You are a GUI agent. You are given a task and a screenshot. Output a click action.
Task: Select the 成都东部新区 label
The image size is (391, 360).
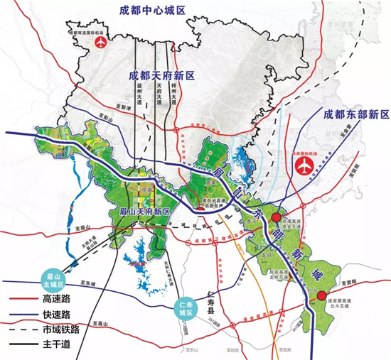tap(356, 114)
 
